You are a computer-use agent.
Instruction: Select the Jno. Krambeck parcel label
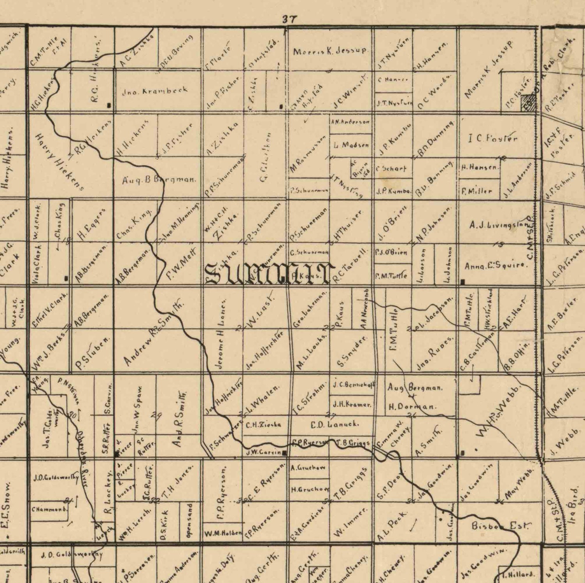tap(155, 91)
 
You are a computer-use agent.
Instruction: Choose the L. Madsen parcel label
tap(351, 145)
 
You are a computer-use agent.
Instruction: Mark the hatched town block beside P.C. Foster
tap(528, 103)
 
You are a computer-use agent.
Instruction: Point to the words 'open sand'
tap(189, 521)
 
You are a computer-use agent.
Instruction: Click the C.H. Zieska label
tap(263, 425)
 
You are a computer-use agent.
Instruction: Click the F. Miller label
tap(477, 191)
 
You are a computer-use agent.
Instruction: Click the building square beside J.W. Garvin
tap(285, 453)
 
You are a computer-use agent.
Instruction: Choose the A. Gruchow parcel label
tap(308, 468)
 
